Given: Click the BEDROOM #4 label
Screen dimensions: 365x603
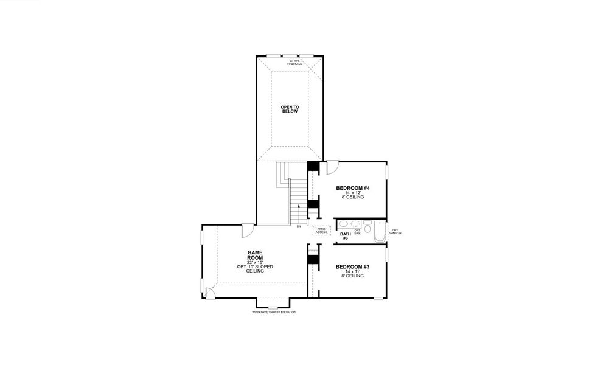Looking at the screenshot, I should [353, 187].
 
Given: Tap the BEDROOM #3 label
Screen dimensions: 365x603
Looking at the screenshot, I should [353, 266].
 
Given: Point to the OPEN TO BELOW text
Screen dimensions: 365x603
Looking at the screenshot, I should [290, 109].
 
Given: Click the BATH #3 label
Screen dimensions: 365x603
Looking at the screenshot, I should [345, 236].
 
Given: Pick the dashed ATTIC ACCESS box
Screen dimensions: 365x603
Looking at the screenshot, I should [321, 231].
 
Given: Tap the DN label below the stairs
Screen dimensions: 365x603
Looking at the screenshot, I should [299, 227].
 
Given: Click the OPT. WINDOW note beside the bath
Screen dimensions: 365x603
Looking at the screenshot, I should [395, 231].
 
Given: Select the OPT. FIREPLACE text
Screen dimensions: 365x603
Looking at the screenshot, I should [295, 62].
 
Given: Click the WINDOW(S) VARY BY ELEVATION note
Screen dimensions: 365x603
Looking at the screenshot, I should [273, 312].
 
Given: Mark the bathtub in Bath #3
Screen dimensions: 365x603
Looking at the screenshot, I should [380, 232].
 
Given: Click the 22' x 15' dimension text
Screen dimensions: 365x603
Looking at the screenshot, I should [254, 263].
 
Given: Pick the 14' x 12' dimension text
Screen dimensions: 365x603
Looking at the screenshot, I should [353, 193].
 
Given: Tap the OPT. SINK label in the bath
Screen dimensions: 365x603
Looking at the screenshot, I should [357, 231].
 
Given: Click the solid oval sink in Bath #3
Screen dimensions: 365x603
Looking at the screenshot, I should [342, 224].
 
